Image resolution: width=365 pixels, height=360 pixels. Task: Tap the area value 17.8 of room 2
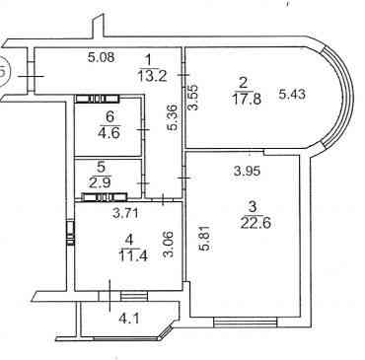247,99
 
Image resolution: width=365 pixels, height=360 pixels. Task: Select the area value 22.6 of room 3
255,223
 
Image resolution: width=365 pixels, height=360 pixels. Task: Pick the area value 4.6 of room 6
109,133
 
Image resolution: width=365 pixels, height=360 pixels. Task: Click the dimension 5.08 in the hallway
102,57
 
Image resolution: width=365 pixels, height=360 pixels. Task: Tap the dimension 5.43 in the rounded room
292,95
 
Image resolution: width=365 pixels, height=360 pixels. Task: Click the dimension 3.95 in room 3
247,171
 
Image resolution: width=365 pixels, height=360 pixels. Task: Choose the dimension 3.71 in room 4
126,214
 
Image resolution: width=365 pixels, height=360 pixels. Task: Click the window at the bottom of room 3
246,322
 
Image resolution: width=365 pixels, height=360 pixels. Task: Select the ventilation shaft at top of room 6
97,99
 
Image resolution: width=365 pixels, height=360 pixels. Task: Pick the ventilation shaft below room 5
105,197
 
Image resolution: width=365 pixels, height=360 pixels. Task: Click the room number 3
253,208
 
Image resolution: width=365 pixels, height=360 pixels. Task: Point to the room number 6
110,116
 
